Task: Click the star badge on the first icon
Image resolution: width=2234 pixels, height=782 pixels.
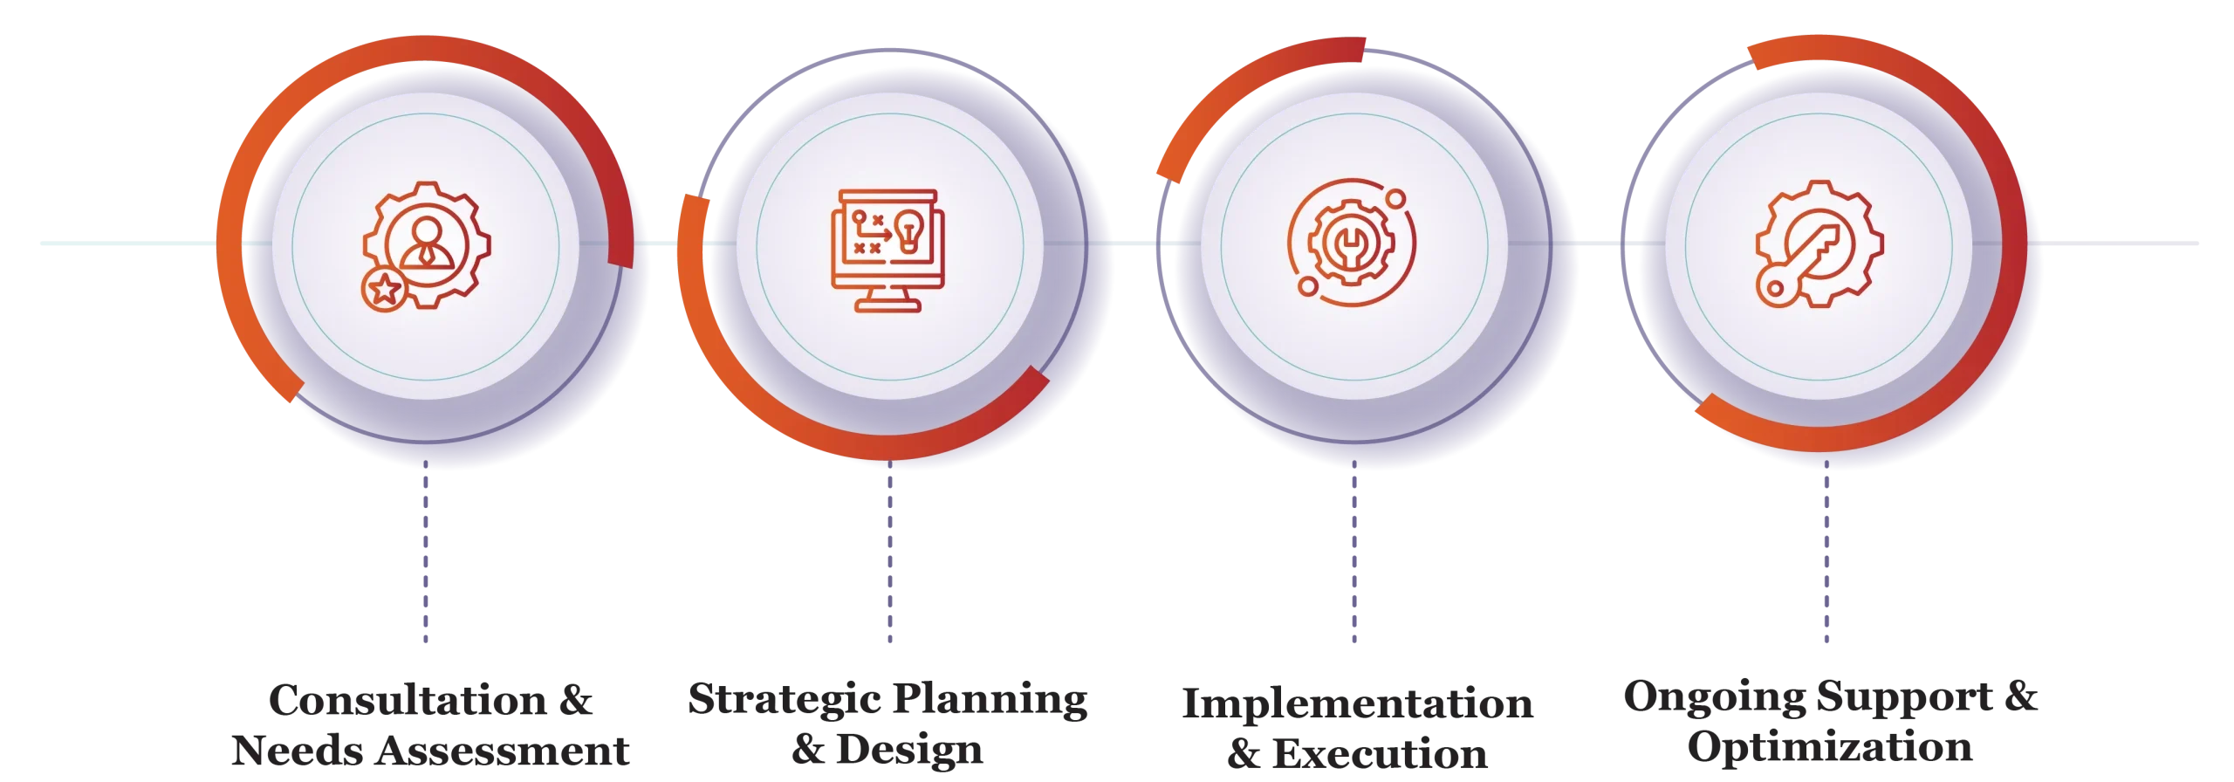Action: (383, 290)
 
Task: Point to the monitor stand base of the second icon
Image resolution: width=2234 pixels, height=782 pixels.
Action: (888, 305)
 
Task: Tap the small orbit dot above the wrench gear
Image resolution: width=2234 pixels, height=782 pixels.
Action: (1395, 199)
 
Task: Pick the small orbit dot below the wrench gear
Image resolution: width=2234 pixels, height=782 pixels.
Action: (1307, 286)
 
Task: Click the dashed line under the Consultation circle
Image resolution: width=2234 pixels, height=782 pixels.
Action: (425, 559)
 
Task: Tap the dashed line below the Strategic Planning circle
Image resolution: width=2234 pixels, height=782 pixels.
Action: (889, 559)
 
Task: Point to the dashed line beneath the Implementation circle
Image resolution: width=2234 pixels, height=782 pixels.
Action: (1353, 559)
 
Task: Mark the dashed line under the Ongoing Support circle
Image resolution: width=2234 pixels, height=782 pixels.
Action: (1826, 559)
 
